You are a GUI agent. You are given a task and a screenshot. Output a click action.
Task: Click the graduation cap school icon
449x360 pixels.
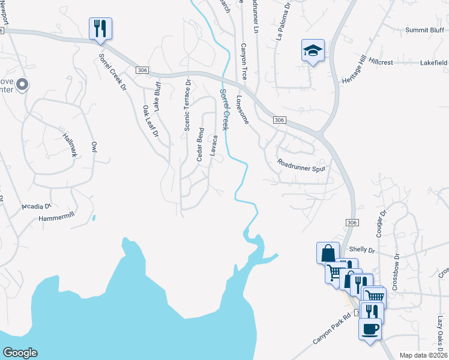click(x=313, y=50)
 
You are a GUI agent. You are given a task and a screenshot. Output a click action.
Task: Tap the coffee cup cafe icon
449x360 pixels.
click(x=370, y=329)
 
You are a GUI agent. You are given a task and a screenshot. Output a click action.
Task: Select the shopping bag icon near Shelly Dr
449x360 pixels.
click(x=328, y=253)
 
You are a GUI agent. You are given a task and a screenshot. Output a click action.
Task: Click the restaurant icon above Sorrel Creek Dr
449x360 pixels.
click(x=100, y=28)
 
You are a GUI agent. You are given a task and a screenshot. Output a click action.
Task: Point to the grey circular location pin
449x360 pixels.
click(x=22, y=85)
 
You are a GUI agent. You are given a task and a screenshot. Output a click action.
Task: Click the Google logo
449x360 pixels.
click(x=20, y=353)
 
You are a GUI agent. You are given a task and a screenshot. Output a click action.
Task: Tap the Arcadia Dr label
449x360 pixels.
click(x=36, y=206)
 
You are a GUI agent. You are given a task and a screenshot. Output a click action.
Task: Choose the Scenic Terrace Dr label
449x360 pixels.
click(x=187, y=106)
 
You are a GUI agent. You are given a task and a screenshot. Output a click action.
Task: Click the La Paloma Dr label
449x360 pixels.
click(x=283, y=25)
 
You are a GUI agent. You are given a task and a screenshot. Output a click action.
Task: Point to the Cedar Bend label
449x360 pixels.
click(x=200, y=145)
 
